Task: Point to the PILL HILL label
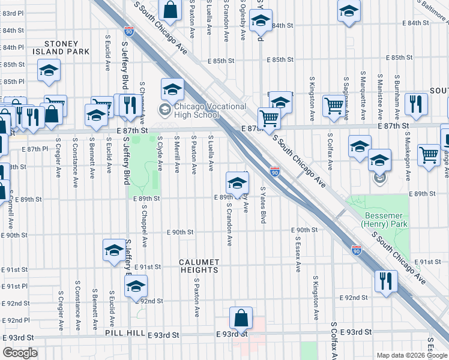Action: coord(123,333)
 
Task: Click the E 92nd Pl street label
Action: coord(16,320)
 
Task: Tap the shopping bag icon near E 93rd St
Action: coord(241,318)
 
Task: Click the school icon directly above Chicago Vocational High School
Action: coord(172,89)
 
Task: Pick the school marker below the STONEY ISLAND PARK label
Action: coord(49,70)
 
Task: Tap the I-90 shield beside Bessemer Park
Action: coord(355,250)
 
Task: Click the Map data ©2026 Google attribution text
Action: coord(412,355)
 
